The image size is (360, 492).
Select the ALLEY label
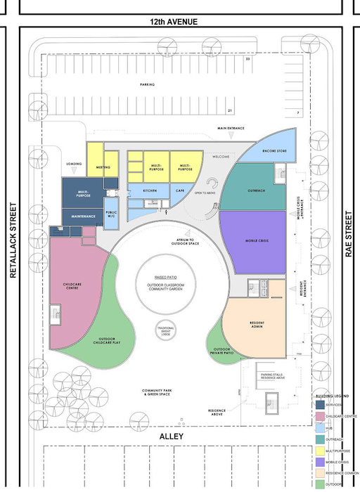point(171,436)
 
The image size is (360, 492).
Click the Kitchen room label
point(150,190)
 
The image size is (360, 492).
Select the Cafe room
point(179,190)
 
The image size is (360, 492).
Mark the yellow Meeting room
point(102,167)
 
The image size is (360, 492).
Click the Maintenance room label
point(83,216)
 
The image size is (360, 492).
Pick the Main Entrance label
point(230,129)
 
